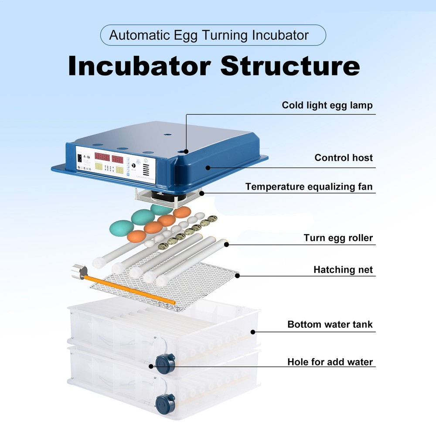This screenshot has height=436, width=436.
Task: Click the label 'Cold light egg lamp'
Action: click(x=327, y=105)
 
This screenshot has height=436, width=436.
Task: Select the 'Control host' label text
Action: click(x=344, y=158)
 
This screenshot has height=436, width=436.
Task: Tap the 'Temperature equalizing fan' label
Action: click(x=309, y=187)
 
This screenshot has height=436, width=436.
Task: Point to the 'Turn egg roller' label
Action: click(x=338, y=238)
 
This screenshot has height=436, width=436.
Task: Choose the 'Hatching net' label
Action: click(x=343, y=270)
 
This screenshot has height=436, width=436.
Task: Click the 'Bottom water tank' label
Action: click(x=330, y=325)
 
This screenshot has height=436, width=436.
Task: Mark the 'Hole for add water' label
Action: click(x=330, y=362)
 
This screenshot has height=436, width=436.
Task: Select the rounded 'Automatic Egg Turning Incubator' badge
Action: click(x=213, y=35)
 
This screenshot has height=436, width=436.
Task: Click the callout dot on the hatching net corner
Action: click(x=238, y=275)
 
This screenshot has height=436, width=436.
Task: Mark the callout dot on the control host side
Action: click(x=208, y=167)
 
